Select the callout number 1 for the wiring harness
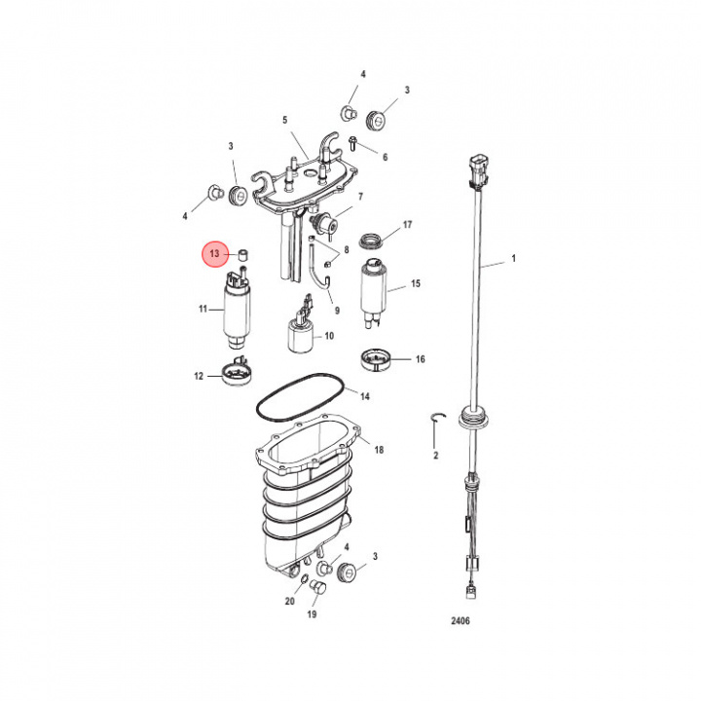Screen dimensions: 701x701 [515, 262]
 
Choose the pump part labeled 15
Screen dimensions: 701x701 [374, 289]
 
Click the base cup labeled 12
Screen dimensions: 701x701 [237, 372]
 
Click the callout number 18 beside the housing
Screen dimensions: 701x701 [379, 450]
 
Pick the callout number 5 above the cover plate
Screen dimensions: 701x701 [285, 121]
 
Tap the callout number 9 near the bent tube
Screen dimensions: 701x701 [338, 311]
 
